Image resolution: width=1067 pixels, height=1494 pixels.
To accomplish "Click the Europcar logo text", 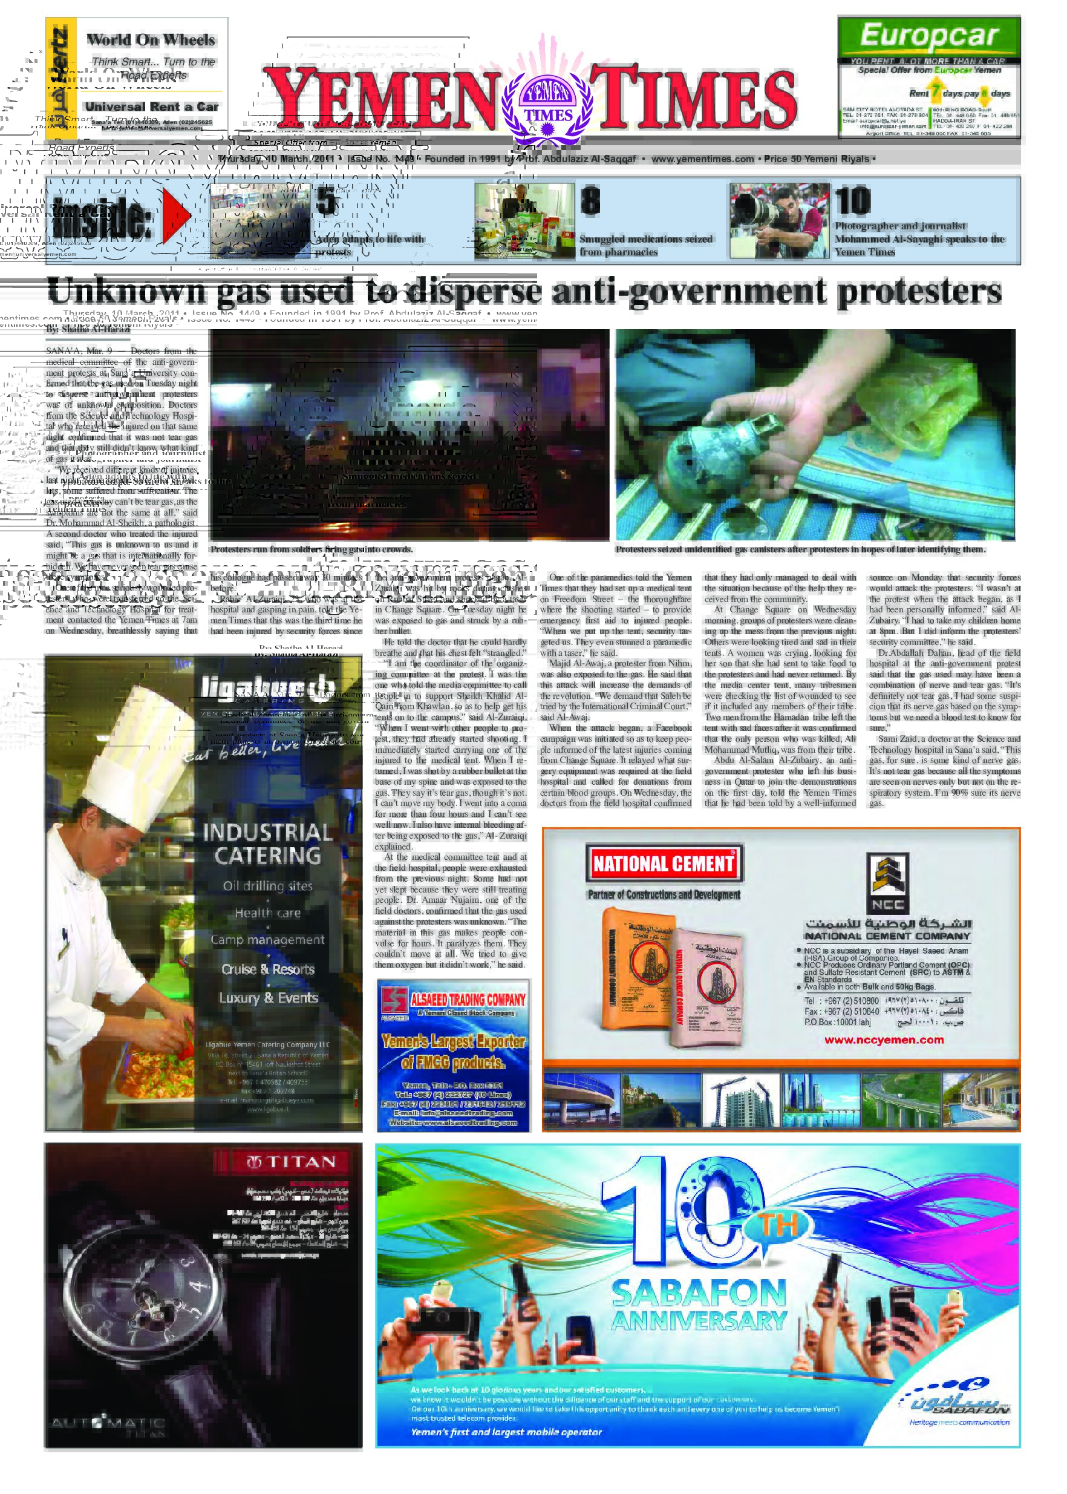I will coord(928,36).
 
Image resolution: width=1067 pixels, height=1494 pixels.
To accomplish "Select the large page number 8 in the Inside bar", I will coord(590,201).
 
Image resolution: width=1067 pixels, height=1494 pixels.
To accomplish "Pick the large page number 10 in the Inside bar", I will coord(853,201).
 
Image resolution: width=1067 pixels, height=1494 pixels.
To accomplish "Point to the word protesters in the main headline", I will coord(919,291).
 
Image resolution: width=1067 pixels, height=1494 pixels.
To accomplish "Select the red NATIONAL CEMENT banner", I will coord(664,863).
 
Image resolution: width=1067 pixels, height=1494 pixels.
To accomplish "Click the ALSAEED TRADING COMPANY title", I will coord(467,1000).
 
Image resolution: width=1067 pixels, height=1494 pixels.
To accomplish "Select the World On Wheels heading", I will coord(151,40).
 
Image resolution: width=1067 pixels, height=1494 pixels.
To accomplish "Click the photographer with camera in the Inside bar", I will coord(779,220).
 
